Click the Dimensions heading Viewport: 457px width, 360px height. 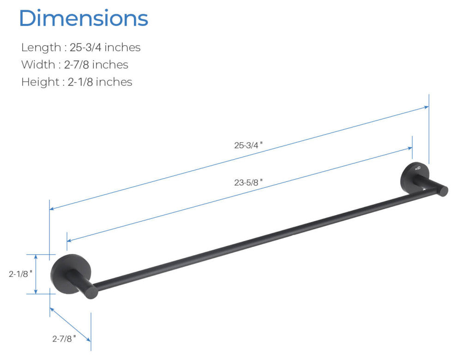point(84,18)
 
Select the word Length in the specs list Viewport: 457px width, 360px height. point(41,47)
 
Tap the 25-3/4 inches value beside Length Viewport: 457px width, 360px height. point(105,47)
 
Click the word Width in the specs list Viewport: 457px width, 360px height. point(38,65)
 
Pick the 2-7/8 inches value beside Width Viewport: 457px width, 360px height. point(96,65)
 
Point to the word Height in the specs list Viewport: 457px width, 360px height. point(40,82)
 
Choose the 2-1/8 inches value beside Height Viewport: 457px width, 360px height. point(100,82)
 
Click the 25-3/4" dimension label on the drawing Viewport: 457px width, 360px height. point(248,145)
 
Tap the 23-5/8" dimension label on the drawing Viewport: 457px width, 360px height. point(248,182)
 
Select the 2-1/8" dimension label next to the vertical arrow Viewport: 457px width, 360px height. point(20,274)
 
